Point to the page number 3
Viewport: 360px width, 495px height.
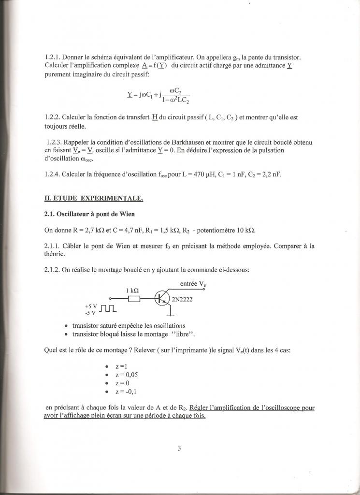coord(179,448)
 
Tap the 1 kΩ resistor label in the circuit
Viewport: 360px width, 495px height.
coord(132,291)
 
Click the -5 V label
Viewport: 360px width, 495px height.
coord(90,312)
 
